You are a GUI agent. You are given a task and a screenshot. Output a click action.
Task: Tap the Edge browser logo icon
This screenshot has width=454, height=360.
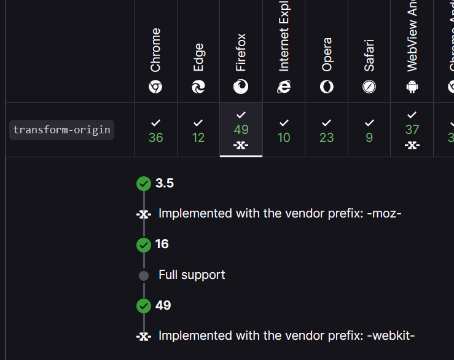pos(198,87)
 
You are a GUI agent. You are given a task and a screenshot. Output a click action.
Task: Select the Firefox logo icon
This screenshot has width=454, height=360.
pos(241,87)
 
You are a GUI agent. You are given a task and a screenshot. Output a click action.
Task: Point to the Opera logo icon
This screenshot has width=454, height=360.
pos(327,87)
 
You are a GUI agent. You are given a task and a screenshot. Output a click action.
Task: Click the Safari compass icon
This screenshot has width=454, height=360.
pos(369,87)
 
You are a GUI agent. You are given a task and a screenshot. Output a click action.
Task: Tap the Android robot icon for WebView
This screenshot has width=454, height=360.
pos(412,87)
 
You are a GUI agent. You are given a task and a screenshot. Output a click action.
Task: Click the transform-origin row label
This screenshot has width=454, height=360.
pos(62,130)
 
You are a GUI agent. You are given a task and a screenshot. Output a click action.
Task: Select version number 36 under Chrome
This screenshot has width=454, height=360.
pos(156,138)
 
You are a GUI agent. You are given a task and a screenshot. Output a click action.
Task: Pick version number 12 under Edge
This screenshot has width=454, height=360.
pos(198,138)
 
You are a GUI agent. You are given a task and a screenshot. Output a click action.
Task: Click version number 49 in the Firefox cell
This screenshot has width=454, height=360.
pos(241,130)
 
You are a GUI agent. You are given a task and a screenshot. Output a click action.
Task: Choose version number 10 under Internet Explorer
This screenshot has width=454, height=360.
pos(284,138)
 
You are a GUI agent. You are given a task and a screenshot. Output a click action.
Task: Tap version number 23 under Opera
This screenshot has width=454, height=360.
pos(327,138)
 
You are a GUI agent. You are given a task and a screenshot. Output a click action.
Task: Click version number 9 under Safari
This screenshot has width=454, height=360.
pos(369,138)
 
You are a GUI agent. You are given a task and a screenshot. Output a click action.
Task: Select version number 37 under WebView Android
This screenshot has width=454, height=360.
pos(412,130)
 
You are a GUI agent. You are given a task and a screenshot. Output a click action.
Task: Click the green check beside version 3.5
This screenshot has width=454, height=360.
pos(144,184)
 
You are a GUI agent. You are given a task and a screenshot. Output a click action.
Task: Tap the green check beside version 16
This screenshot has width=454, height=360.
pos(144,245)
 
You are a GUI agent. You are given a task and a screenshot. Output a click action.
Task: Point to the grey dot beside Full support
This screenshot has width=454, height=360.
pos(144,276)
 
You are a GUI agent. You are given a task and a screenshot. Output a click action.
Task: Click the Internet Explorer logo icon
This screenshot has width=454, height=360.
pos(284,87)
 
